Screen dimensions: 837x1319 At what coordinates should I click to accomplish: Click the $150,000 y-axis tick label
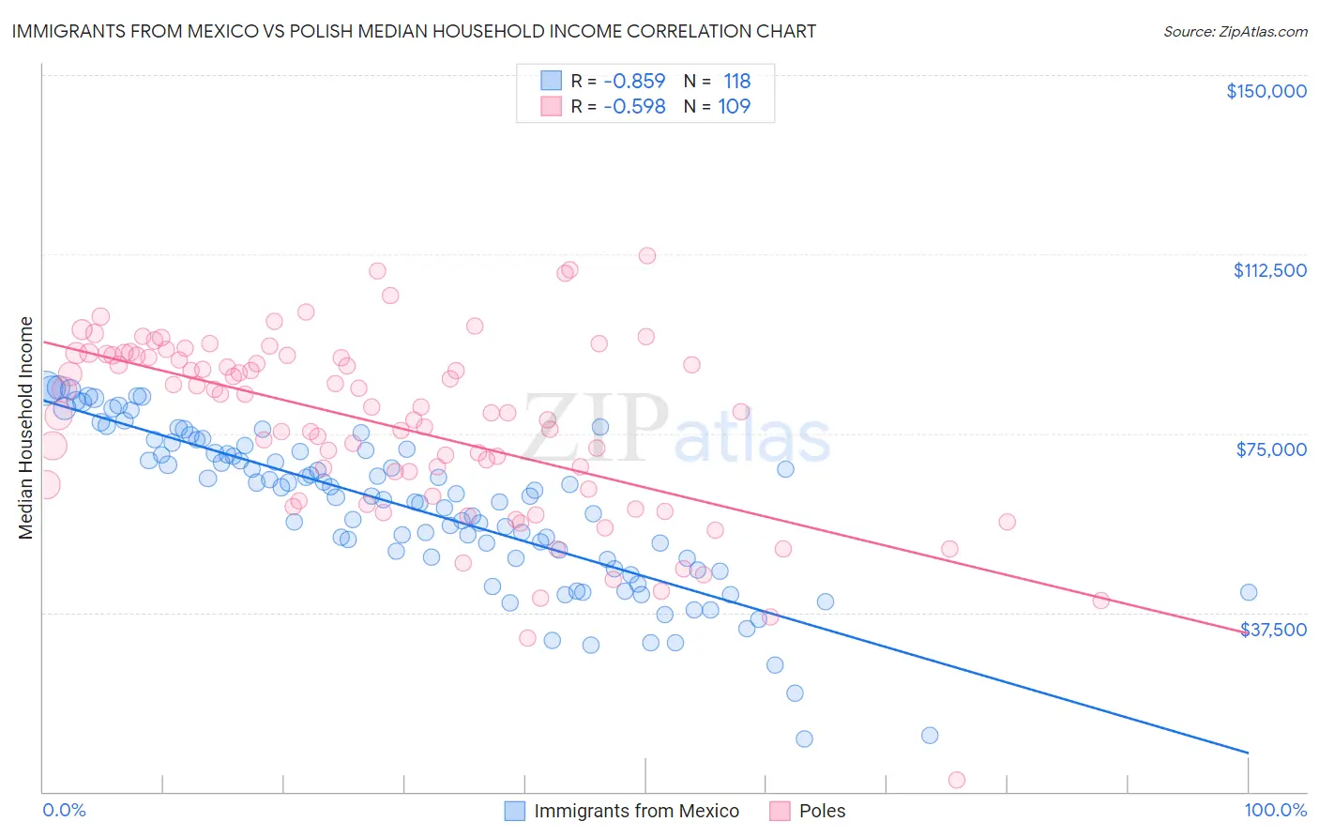1266,91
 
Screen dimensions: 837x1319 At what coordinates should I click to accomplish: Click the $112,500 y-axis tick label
1269,270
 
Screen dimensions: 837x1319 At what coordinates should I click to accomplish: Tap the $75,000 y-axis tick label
1271,449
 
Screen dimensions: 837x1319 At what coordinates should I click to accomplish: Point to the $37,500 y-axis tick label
1273,630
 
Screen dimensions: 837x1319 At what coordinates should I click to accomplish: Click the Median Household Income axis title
26,428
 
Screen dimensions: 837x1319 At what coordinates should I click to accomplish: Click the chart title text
414,31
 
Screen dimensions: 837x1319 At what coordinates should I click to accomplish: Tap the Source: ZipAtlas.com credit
1235,31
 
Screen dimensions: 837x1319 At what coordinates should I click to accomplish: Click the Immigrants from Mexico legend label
636,811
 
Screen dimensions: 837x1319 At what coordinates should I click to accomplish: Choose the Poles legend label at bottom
822,811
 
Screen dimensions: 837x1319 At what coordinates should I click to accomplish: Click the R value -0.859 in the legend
634,81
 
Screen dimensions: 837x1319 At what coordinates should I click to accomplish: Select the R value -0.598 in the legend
634,106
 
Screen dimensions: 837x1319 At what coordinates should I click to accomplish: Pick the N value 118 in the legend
736,81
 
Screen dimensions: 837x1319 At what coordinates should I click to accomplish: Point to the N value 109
734,106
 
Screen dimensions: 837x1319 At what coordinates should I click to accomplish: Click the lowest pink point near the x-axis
957,780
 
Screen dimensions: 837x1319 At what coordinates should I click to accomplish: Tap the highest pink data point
646,255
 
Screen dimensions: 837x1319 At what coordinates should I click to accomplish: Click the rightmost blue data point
1248,592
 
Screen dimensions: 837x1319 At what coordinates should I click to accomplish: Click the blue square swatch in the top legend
551,81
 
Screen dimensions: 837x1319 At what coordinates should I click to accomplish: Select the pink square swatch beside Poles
780,811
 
